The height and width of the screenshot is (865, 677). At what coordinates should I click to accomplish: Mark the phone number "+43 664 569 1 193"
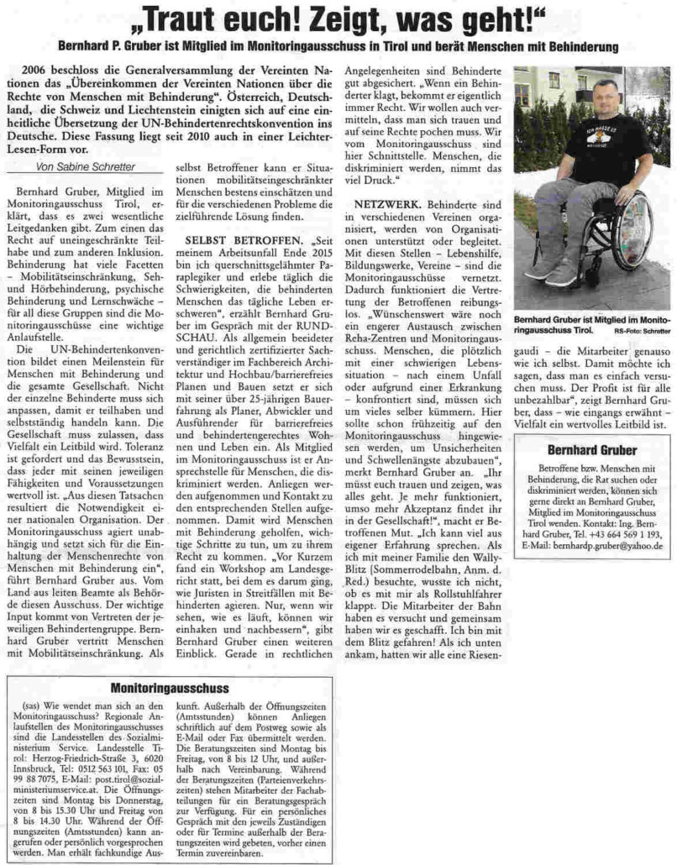(x=618, y=534)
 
